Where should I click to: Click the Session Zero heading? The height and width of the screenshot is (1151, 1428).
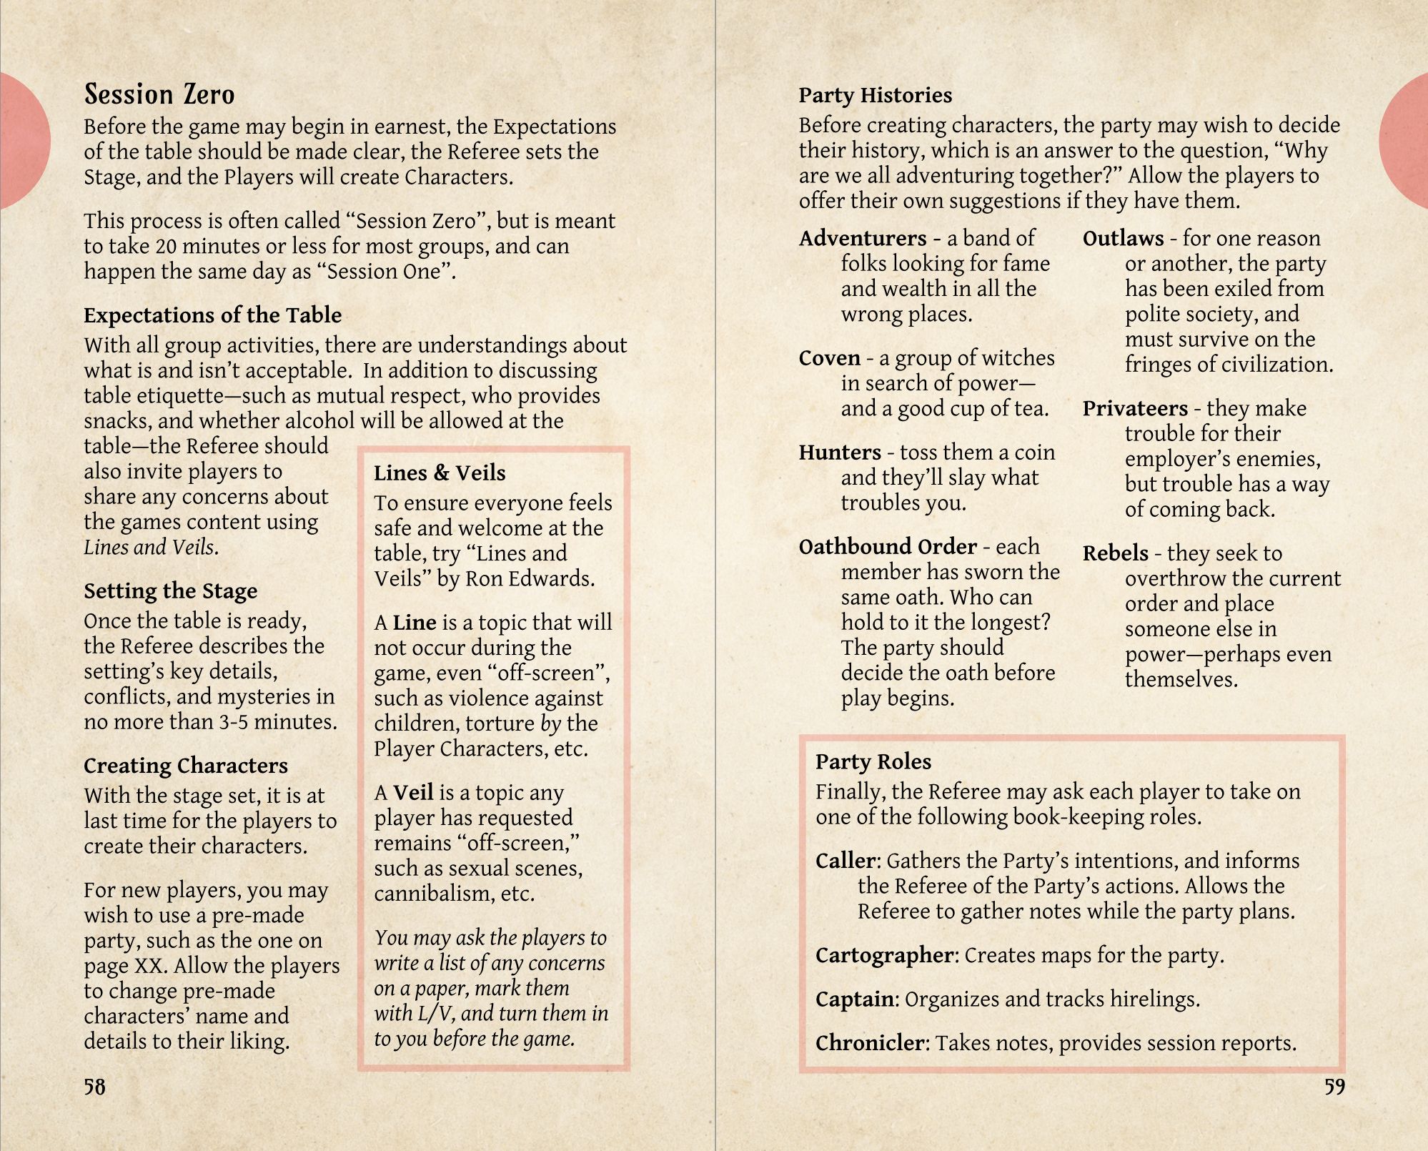(159, 94)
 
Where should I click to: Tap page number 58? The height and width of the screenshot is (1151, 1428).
(94, 1087)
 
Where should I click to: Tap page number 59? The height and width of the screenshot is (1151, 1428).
(1334, 1087)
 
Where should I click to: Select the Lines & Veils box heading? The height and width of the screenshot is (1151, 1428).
(440, 473)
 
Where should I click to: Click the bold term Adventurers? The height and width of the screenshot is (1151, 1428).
(862, 238)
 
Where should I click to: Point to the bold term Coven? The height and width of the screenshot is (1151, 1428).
(829, 358)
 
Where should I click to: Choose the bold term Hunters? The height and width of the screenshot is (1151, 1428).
(840, 453)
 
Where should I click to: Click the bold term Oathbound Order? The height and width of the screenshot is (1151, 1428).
(888, 547)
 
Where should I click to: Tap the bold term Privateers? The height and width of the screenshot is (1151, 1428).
(1135, 408)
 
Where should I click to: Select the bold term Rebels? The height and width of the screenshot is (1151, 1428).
(1115, 553)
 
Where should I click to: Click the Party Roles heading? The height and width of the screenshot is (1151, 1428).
(873, 761)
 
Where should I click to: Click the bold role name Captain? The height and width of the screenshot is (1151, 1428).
(854, 999)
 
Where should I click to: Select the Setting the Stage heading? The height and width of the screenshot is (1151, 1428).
(170, 591)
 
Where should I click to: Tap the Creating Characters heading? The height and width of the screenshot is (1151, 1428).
(185, 766)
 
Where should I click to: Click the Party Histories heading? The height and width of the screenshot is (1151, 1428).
(875, 95)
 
